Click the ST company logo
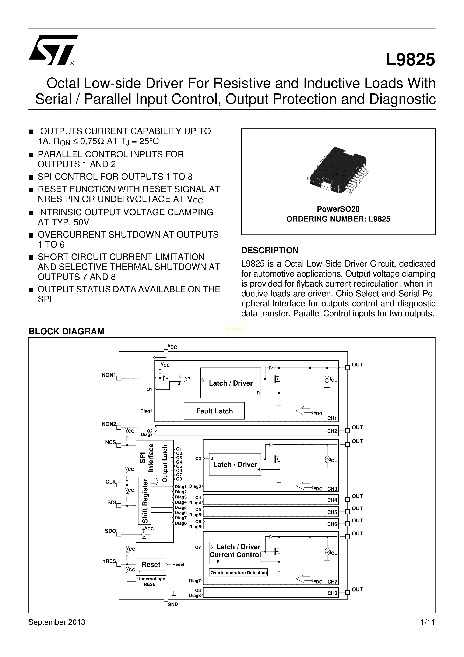coord(53,50)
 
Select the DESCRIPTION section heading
coord(270,250)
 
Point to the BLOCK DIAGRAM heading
coord(66,331)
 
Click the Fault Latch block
coord(214,411)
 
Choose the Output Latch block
coord(165,464)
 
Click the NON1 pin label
coord(109,375)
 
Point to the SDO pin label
coord(110,531)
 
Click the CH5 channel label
coord(332,512)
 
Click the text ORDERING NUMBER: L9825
coord(338,219)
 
